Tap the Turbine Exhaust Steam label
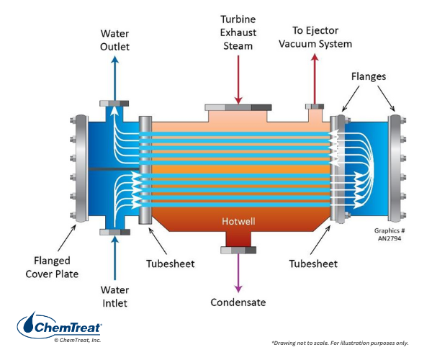coord(238,32)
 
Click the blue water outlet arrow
coord(114,76)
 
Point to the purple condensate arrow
coord(236,272)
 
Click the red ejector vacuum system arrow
coord(314,79)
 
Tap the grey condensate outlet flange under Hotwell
coord(236,250)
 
